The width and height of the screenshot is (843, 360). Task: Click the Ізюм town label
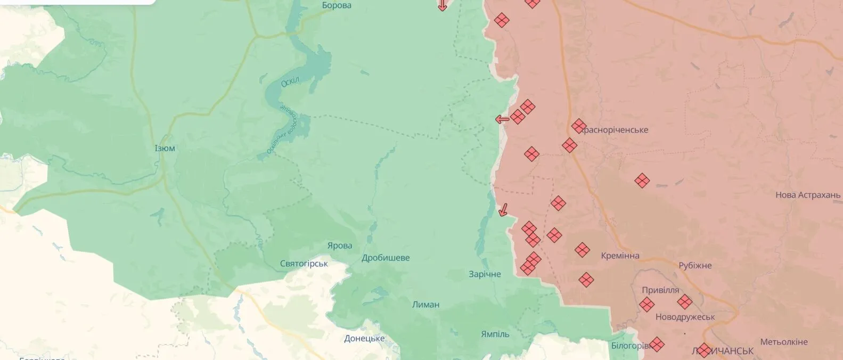coord(165,148)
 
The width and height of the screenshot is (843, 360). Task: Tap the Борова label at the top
coord(337,5)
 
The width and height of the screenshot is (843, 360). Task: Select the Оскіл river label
coord(290,82)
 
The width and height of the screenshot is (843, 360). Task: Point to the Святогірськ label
coord(304,264)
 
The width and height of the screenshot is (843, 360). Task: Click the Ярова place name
coord(340,246)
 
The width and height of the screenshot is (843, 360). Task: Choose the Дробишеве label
coord(386,258)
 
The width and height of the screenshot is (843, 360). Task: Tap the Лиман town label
coord(426,305)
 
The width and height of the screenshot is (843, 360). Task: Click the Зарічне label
coord(485,274)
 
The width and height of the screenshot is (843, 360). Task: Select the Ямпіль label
coord(495,334)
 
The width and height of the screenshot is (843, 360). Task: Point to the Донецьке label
coord(364,338)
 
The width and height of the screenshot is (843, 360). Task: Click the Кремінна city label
coord(620,256)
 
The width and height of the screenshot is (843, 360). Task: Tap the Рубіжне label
coord(695,265)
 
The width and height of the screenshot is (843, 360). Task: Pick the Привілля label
coord(660,290)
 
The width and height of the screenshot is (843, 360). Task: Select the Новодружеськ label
coord(685,317)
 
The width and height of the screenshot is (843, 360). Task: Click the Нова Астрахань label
coord(808,195)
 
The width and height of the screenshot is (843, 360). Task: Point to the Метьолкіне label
coord(784,342)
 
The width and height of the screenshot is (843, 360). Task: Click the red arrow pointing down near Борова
coord(442,6)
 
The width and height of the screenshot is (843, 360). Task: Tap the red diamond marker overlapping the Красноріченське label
coord(579,126)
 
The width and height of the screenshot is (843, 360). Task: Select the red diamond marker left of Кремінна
coord(582,249)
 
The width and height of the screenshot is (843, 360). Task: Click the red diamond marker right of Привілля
coord(684,302)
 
